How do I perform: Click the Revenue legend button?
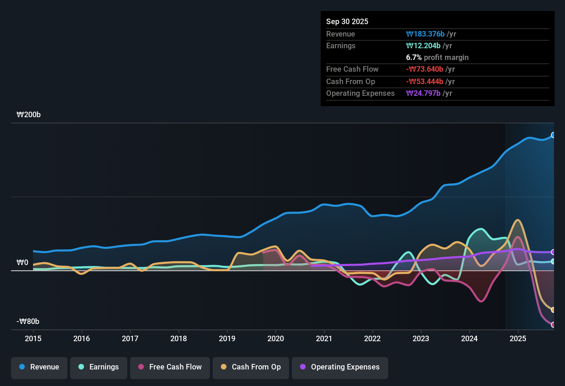pyautogui.click(x=39, y=367)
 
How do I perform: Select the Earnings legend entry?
pyautogui.click(x=98, y=367)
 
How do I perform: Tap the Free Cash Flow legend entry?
pyautogui.click(x=170, y=367)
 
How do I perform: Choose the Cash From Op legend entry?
pyautogui.click(x=250, y=367)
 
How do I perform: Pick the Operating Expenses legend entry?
pyautogui.click(x=340, y=367)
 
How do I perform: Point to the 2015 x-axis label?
pyautogui.click(x=33, y=338)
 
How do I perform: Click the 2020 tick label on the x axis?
pyautogui.click(x=276, y=338)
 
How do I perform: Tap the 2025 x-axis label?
pyautogui.click(x=518, y=338)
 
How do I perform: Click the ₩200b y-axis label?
pyautogui.click(x=29, y=115)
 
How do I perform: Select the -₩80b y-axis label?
pyautogui.click(x=28, y=322)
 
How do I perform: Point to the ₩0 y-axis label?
pyautogui.click(x=22, y=263)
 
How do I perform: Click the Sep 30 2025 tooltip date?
pyautogui.click(x=347, y=21)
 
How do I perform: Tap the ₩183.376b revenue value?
pyautogui.click(x=425, y=34)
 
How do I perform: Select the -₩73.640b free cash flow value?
pyautogui.click(x=425, y=69)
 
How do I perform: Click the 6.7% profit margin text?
pyautogui.click(x=437, y=57)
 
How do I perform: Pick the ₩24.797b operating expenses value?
pyautogui.click(x=423, y=93)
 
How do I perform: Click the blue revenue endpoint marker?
pyautogui.click(x=553, y=135)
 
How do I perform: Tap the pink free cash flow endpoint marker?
pyautogui.click(x=553, y=325)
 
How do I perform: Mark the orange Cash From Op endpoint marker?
pyautogui.click(x=553, y=310)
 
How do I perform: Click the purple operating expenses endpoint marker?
pyautogui.click(x=553, y=252)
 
